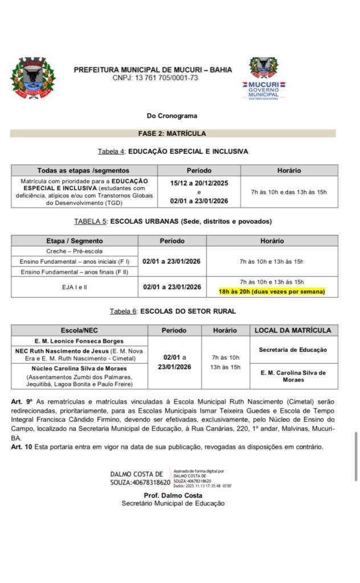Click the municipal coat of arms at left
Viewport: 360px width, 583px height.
click(34, 78)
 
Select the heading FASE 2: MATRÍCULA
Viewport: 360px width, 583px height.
click(172, 134)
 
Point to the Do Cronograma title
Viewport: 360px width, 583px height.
click(172, 116)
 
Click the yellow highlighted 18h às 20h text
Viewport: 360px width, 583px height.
click(272, 291)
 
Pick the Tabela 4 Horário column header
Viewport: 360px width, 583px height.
click(289, 170)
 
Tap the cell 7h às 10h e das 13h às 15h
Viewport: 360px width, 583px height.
click(289, 192)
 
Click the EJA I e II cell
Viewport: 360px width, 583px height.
click(75, 287)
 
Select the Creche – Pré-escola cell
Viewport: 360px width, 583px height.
click(75, 251)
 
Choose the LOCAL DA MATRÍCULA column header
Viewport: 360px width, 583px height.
click(293, 330)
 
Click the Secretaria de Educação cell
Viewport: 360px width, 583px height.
click(293, 350)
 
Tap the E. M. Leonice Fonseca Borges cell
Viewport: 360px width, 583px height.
click(80, 341)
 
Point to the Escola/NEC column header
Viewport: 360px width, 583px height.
click(80, 330)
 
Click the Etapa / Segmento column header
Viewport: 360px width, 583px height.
click(75, 241)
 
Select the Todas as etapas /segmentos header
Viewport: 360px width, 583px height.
click(83, 170)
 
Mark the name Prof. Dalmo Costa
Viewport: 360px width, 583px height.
click(173, 495)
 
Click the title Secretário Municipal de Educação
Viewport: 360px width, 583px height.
click(173, 503)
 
